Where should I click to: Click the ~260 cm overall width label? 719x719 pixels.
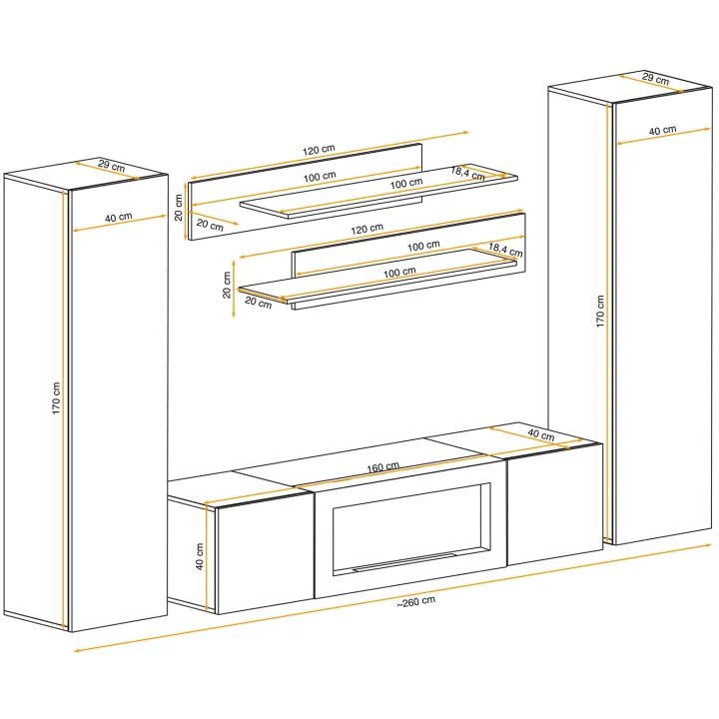point(415,601)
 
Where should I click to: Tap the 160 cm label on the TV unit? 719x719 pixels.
point(382,467)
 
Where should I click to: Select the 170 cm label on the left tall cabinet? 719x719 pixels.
point(56,398)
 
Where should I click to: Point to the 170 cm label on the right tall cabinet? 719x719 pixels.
point(600,311)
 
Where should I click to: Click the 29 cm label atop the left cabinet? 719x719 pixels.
point(112,165)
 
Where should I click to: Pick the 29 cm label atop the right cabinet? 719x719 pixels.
point(655,79)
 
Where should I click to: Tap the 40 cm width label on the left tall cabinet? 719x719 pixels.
point(118,217)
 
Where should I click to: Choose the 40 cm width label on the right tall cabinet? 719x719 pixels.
point(663,131)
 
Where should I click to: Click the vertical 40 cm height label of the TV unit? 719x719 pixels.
point(200,556)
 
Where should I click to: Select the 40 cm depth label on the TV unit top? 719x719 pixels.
point(541,434)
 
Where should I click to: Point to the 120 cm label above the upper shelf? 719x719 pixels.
point(319,150)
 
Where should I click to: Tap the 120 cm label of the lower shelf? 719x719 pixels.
point(366,229)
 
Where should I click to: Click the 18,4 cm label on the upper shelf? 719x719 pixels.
point(468,174)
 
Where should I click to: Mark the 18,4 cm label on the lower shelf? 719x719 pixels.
point(505,250)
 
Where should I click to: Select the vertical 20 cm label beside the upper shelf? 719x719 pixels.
point(179,208)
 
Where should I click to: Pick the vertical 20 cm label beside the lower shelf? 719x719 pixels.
point(227,285)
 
